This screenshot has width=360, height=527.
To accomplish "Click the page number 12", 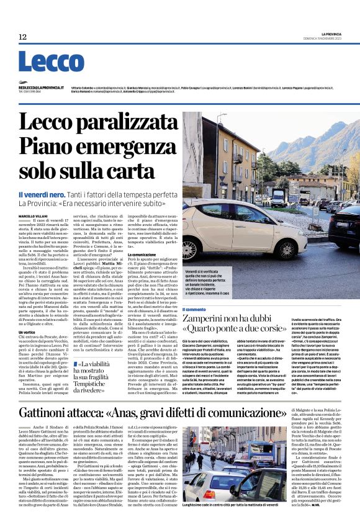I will coord(22,37).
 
